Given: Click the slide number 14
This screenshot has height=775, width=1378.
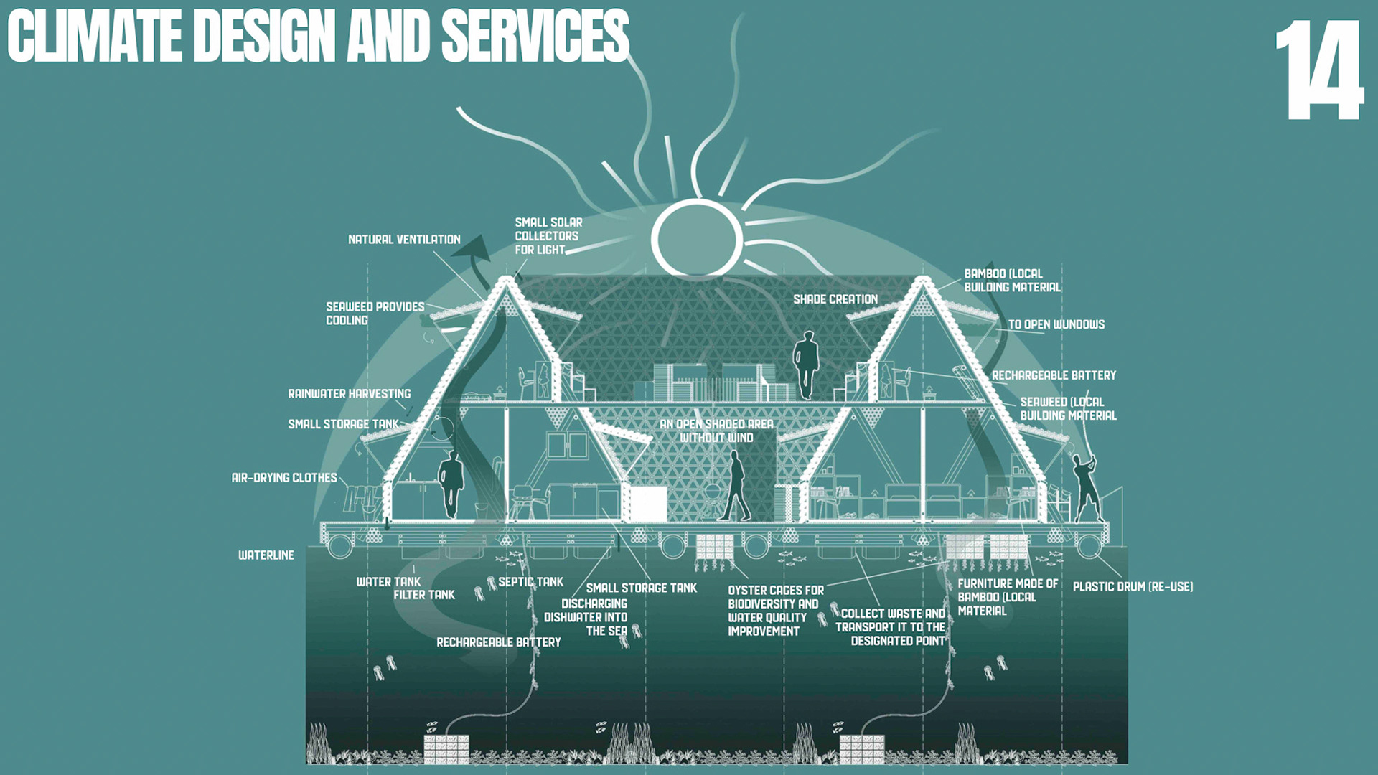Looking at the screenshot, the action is (x=1319, y=70).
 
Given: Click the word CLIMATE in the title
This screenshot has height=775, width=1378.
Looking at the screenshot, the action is (x=95, y=37).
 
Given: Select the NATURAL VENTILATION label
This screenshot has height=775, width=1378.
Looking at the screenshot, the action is (x=404, y=240).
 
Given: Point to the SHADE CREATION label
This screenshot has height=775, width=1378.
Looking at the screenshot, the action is (x=835, y=299).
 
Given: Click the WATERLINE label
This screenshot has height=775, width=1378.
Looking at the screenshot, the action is (x=266, y=555).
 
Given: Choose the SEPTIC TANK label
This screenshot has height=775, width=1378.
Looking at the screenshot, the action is (x=530, y=582).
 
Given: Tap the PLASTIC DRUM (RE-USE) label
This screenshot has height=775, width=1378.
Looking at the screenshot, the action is (x=1133, y=587).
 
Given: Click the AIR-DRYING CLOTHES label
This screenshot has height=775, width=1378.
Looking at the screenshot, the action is (x=283, y=478).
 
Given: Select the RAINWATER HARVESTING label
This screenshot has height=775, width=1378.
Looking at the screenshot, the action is (x=349, y=394).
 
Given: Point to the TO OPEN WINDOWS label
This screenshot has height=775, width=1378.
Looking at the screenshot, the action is (x=1056, y=325).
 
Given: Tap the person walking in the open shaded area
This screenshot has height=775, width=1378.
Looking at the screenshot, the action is (x=735, y=486).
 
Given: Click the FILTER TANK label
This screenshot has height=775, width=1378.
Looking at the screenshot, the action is (x=423, y=595).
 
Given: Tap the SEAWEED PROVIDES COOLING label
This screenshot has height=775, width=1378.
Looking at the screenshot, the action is (x=375, y=314).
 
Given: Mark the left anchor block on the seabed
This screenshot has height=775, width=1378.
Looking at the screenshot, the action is (x=446, y=749).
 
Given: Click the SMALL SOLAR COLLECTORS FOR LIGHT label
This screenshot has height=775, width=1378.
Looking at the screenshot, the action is (x=548, y=236).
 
